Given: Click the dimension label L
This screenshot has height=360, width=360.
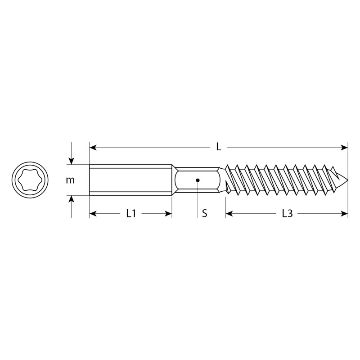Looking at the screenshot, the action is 219,147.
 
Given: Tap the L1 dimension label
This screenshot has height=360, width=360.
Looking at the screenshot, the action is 131,213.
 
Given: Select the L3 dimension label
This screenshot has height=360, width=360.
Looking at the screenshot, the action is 287,213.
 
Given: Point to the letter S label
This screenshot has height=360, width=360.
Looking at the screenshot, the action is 204,213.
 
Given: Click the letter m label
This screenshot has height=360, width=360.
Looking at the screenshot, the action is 70,180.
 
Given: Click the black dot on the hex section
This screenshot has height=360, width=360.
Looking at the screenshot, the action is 198,180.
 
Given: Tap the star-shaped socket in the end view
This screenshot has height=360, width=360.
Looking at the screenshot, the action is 30,180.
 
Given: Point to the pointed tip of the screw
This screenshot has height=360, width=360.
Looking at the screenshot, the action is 347,180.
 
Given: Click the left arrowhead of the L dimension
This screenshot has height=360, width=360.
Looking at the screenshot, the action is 93,148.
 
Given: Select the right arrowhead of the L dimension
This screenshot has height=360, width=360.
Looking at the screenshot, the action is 344,148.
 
